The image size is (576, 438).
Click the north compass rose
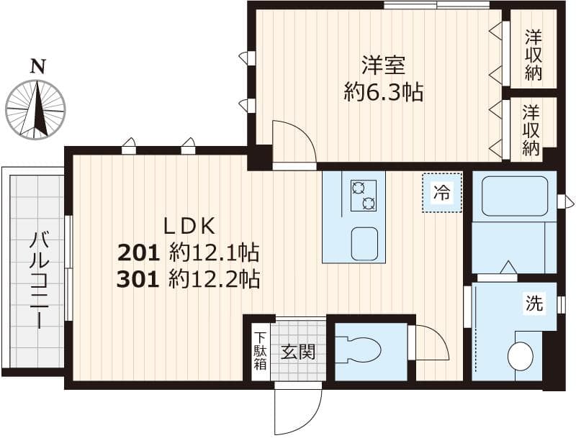point(35,110)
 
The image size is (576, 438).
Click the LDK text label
point(189,227)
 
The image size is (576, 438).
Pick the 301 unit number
point(140,279)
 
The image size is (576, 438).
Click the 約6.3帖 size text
point(383,93)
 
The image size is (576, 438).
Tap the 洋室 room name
point(383,66)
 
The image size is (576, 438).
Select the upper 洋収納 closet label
point(533,54)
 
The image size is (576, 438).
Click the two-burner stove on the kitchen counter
point(363,195)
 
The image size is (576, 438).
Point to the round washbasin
point(521,356)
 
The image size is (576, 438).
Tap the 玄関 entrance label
point(297,352)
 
